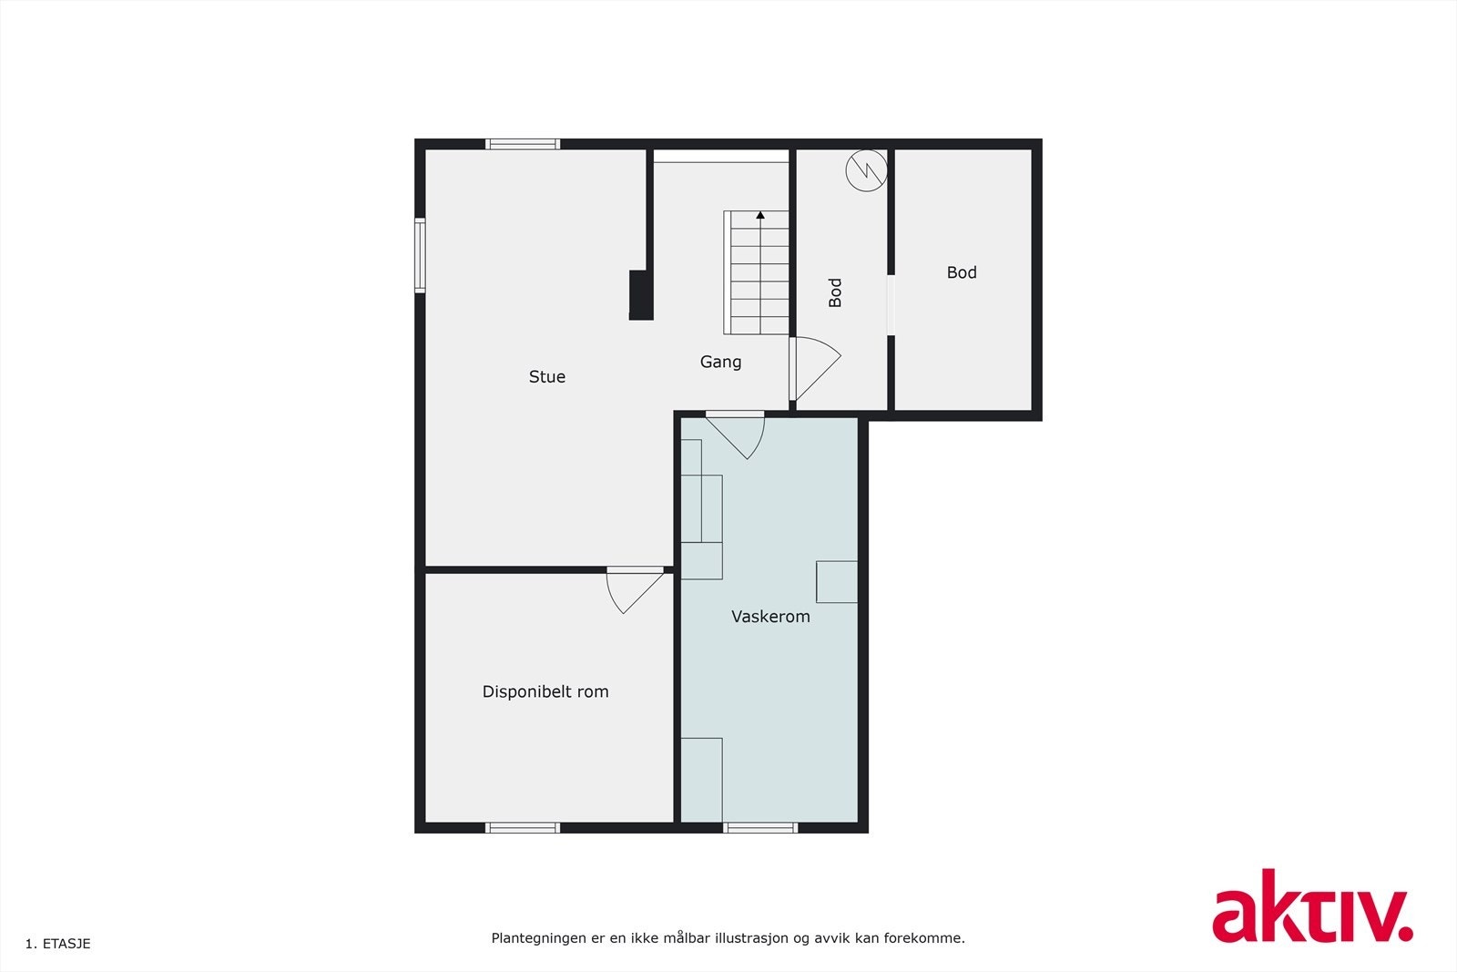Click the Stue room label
[546, 376]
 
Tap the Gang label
[720, 362]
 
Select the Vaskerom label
[770, 617]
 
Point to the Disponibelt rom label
[545, 691]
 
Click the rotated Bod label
[835, 292]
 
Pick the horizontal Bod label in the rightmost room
[962, 272]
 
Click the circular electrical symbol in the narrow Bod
[866, 170]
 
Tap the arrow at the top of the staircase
[759, 216]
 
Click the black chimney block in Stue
[641, 295]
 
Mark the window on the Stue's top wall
[523, 144]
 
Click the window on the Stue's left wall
[420, 255]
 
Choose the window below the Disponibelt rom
[523, 828]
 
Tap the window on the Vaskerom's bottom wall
[760, 828]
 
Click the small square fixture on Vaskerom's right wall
[836, 582]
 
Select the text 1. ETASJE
[58, 944]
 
